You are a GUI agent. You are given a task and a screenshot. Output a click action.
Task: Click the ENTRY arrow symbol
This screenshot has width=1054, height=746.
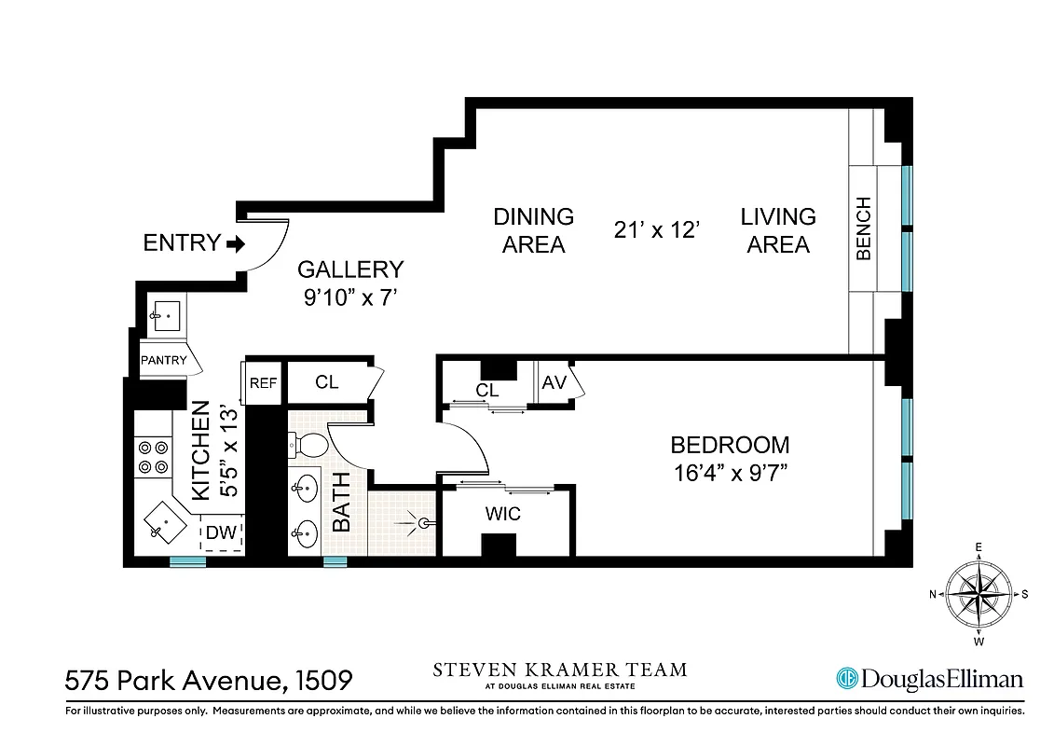coord(235,244)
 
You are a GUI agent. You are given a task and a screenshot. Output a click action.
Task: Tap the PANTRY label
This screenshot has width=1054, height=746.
coord(163,360)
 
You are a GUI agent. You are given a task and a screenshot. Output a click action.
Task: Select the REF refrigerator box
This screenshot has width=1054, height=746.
coord(262,382)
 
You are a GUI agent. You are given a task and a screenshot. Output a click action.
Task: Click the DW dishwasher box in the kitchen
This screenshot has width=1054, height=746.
coord(221,533)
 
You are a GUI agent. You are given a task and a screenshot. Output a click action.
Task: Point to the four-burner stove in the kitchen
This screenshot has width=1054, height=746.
coord(153,457)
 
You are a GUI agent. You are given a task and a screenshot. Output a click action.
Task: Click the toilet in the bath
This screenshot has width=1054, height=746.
coord(305,446)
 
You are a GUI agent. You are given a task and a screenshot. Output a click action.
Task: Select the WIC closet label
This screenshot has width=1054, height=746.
coord(502,514)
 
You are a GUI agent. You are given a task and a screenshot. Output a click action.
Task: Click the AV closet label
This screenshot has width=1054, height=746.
coord(554,382)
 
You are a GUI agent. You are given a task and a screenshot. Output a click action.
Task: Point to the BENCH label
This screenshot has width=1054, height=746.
coord(864,228)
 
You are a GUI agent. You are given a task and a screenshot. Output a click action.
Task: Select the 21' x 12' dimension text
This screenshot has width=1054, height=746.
coord(657,230)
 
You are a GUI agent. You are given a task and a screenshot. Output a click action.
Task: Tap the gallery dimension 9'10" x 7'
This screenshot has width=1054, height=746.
coord(350,298)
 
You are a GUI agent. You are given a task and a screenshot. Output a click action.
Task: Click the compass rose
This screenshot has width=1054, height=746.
coord(979,593)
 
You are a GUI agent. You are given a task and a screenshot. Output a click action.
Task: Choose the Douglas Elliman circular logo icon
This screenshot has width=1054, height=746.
coord(846,679)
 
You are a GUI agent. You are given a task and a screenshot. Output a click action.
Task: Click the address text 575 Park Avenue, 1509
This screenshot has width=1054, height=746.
coord(209,680)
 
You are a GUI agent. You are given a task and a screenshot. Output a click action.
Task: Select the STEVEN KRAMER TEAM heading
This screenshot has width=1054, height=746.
coord(559,670)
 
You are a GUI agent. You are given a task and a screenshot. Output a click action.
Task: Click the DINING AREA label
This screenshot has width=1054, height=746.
coord(533,230)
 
